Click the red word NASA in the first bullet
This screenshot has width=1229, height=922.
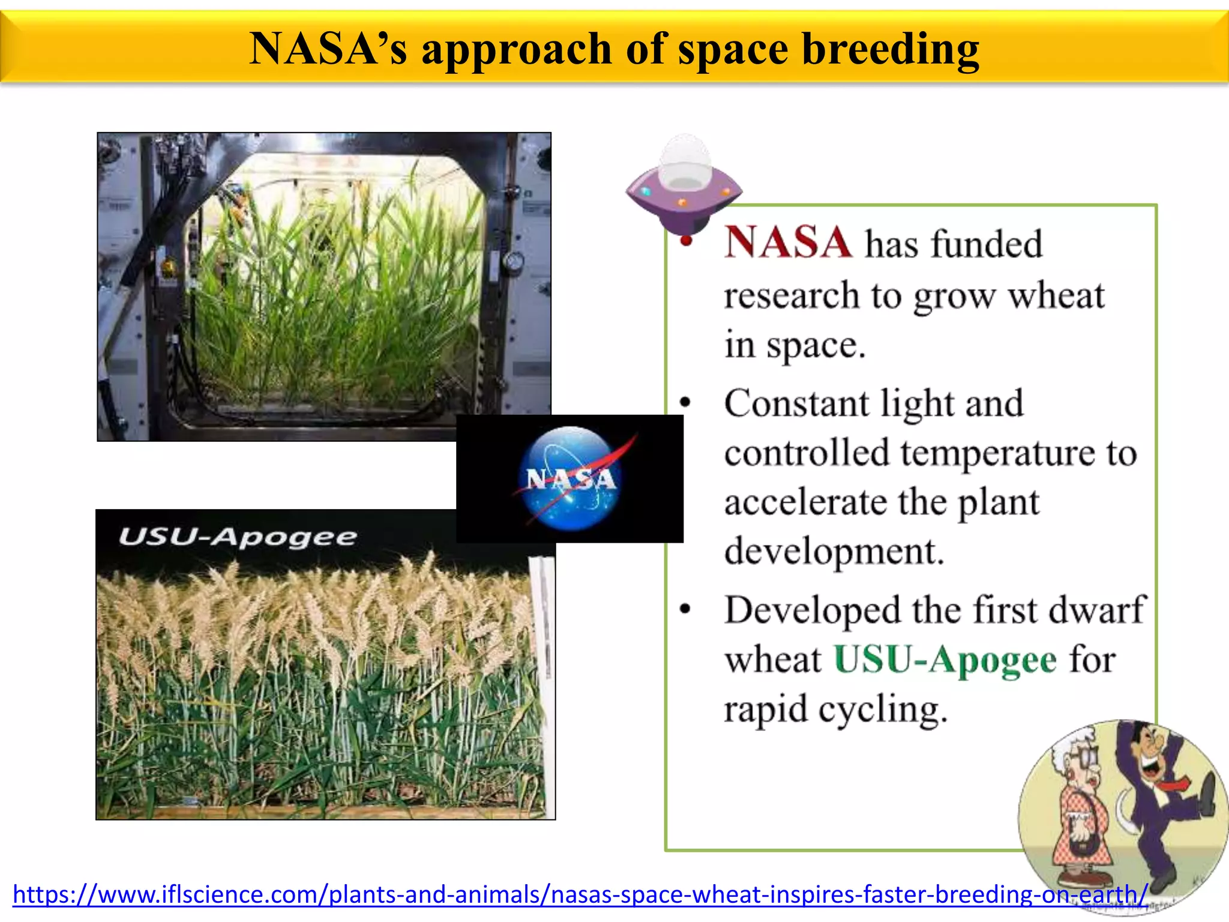click(787, 243)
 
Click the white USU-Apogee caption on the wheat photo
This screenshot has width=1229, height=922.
click(238, 536)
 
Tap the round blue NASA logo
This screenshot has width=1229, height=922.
click(570, 478)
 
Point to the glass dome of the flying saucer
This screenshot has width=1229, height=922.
click(685, 161)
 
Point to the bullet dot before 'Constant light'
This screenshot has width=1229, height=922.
click(685, 402)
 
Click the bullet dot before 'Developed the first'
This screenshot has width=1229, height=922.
click(685, 609)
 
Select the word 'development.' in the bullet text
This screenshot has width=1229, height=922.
click(834, 551)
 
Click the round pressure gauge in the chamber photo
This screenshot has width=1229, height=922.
click(513, 262)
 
